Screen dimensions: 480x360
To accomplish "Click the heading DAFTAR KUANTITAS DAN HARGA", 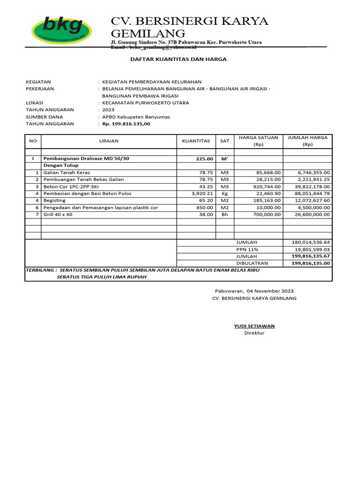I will (x=178, y=60).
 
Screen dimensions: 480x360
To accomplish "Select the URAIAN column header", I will (x=109, y=141).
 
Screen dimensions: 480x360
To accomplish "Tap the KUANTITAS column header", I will (x=195, y=141).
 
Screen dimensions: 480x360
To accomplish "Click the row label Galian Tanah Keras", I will (x=66, y=172).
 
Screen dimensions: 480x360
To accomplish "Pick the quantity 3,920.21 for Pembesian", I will (x=202, y=194).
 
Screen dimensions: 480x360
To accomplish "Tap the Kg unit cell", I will (x=225, y=194).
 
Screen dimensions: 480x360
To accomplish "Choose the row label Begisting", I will (x=54, y=200).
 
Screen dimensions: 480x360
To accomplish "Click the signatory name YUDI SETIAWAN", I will (x=255, y=326).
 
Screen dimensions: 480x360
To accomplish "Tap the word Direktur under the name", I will (x=255, y=333).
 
